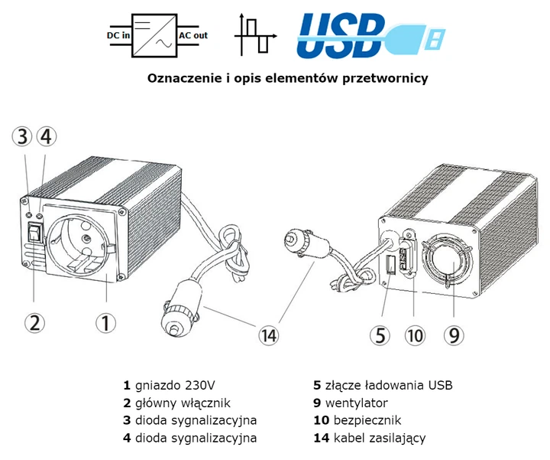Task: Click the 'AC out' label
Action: tap(192, 35)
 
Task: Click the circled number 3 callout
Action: tap(24, 137)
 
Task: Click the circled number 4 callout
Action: tap(46, 137)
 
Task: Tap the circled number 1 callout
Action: tap(106, 323)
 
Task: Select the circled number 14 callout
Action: tap(267, 334)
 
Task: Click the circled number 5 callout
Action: tap(381, 335)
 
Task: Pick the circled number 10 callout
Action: tap(413, 335)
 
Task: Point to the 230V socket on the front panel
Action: tap(81, 241)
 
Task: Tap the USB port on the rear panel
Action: tap(390, 266)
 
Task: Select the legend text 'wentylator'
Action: tap(355, 403)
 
